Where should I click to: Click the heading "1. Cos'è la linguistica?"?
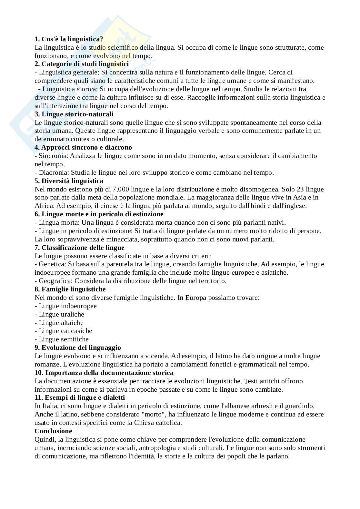point(69,39)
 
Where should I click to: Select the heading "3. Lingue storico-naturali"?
point(74,114)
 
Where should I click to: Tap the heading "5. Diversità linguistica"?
point(69,181)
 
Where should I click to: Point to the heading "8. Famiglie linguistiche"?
point(70,289)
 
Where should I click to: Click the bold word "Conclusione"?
point(53,431)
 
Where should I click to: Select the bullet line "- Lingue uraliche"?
point(59,314)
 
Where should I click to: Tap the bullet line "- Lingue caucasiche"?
point(63,331)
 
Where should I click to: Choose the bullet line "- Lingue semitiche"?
point(62,339)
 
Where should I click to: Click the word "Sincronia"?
point(53,156)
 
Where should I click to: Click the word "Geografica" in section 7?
point(54,281)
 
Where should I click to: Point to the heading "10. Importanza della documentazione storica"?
point(104,373)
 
